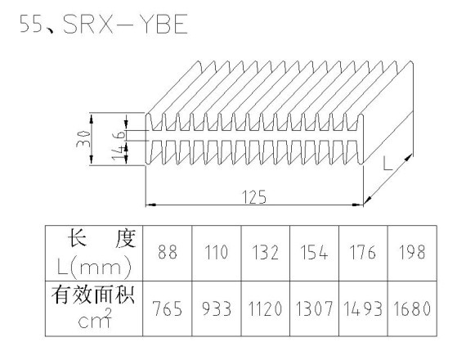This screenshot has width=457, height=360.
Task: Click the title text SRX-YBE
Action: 125,24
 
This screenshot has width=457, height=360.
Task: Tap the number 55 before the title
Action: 31,24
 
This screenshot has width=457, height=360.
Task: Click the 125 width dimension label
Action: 254,197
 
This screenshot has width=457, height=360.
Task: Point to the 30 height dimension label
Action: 83,138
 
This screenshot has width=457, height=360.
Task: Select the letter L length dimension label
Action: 388,164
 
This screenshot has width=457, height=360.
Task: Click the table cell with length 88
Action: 168,252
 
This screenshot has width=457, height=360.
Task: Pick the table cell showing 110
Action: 217,252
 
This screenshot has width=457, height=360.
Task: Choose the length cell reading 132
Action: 265,252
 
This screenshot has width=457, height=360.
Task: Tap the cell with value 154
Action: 314,252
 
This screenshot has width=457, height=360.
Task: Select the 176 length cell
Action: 363,252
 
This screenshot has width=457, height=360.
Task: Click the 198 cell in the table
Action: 412,252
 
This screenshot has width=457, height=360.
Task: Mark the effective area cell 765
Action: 168,308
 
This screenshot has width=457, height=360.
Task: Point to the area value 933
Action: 217,308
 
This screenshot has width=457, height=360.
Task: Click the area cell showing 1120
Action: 265,308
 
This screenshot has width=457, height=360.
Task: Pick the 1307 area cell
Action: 314,308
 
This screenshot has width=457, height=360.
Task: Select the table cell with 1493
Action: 363,308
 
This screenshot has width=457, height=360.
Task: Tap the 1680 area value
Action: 412,308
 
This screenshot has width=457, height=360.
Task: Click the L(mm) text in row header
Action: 94,266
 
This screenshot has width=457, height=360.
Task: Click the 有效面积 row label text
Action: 93,295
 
